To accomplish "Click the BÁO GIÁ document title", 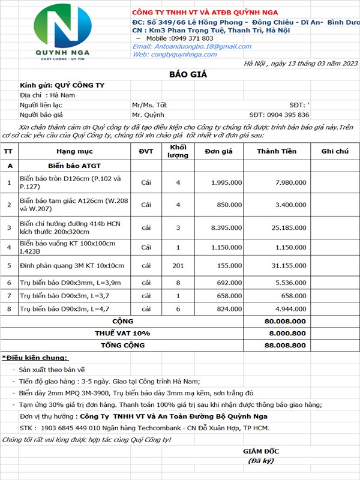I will [x=179, y=73].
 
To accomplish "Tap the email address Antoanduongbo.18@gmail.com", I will [x=183, y=46].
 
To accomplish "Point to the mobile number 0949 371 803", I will [x=179, y=38].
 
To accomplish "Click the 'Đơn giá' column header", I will [x=218, y=152].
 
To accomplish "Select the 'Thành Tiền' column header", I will [x=276, y=152].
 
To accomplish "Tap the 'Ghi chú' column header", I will [x=335, y=152].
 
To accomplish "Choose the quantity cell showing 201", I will [x=178, y=266].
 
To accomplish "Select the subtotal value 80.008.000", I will [x=285, y=321].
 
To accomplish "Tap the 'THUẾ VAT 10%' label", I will [x=122, y=333].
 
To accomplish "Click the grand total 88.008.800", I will [x=285, y=346].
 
